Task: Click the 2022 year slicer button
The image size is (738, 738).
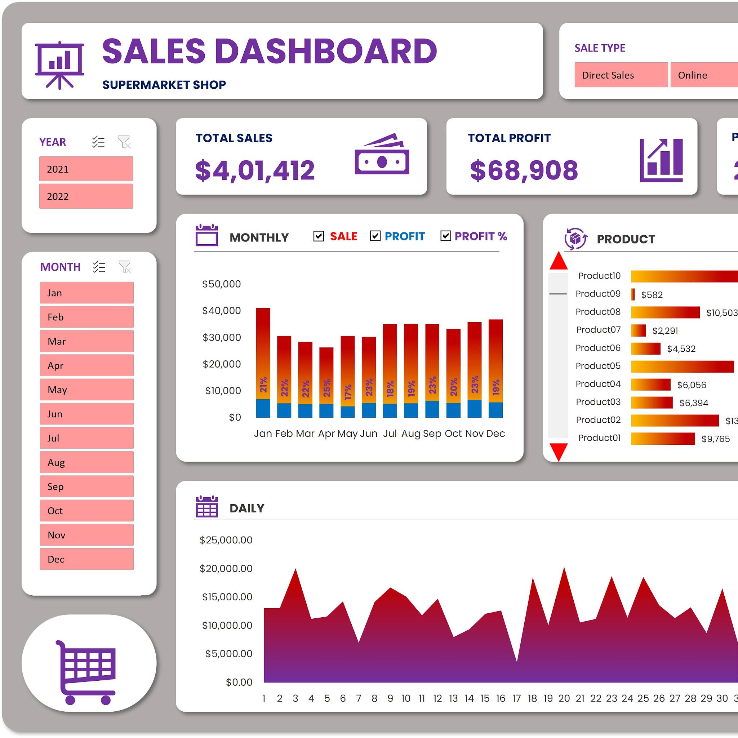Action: click(x=86, y=196)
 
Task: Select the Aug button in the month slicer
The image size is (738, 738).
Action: click(x=87, y=462)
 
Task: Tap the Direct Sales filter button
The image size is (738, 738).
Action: click(x=621, y=75)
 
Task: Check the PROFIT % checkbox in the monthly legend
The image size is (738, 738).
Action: click(x=445, y=236)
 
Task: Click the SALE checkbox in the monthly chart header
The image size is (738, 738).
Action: click(x=319, y=236)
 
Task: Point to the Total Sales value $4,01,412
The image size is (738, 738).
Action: click(x=255, y=170)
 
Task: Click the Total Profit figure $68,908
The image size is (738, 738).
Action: click(x=524, y=170)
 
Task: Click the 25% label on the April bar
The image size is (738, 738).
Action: click(x=326, y=388)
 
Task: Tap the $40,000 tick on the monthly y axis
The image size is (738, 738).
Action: click(x=222, y=311)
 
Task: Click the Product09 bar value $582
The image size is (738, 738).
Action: click(x=652, y=294)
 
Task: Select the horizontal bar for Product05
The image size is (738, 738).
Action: click(x=682, y=366)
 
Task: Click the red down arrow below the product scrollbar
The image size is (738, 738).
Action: click(x=558, y=452)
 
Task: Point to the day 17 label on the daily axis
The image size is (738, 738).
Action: click(x=516, y=698)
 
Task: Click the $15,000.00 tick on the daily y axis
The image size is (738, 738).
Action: click(x=227, y=597)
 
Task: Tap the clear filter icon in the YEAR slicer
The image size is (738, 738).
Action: click(x=124, y=142)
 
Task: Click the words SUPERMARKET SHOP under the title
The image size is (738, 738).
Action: click(x=164, y=85)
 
